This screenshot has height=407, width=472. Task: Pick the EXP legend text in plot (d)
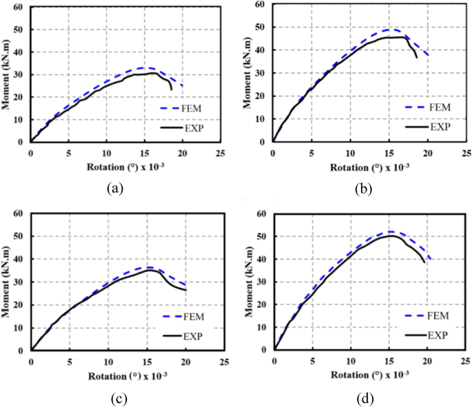click(x=438, y=335)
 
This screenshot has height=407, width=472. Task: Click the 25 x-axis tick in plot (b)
click(x=465, y=154)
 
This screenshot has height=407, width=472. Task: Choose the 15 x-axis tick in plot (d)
click(x=390, y=362)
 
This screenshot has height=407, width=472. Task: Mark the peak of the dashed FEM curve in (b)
click(x=391, y=30)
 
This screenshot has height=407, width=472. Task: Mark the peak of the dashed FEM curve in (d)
click(x=391, y=231)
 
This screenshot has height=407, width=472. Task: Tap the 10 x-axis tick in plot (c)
click(x=107, y=362)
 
